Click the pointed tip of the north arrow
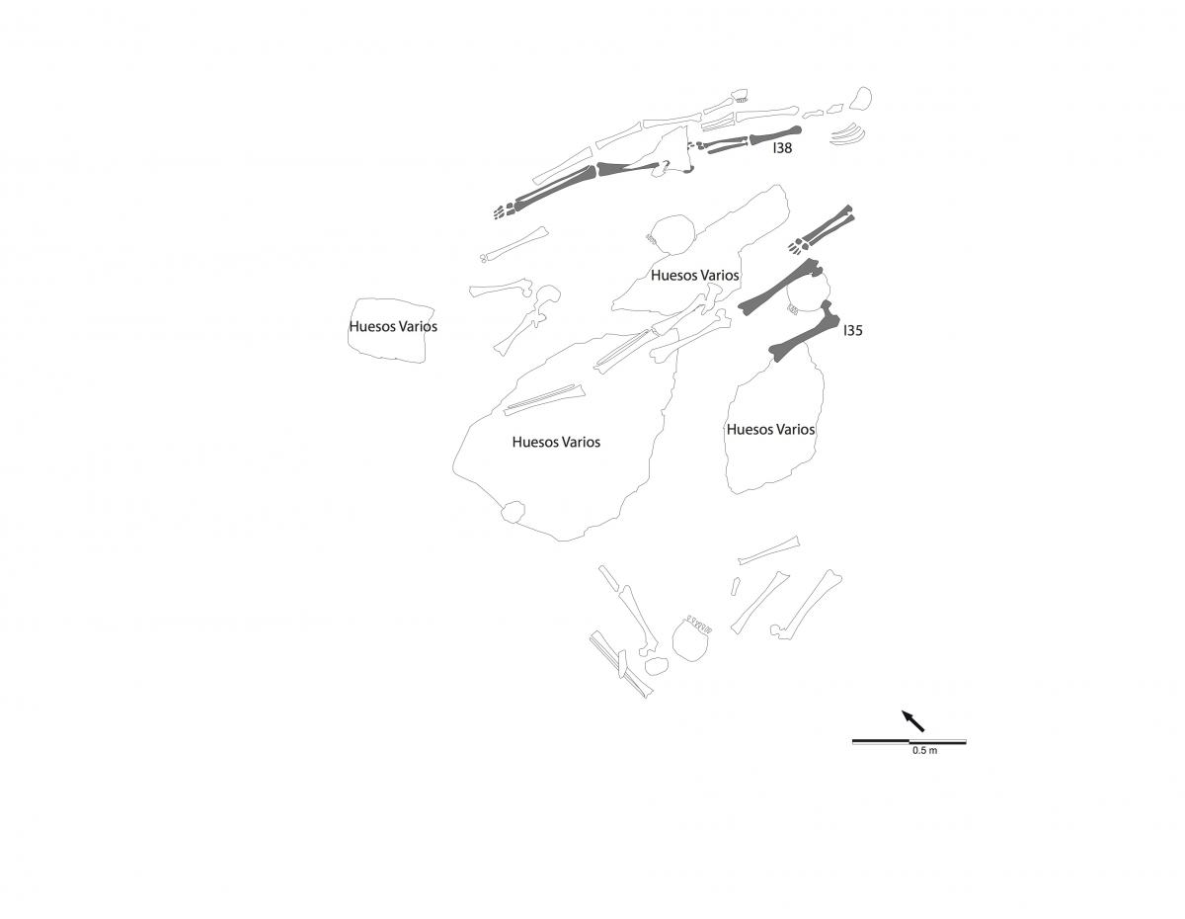(x=902, y=710)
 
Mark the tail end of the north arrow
(x=924, y=730)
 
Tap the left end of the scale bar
(x=852, y=742)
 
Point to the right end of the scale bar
(x=967, y=742)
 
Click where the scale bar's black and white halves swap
(x=909, y=742)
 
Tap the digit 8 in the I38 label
(x=787, y=148)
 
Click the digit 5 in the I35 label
(x=858, y=331)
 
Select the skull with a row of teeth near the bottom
(x=691, y=639)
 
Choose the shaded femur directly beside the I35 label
(x=804, y=331)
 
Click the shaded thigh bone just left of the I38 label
(x=775, y=134)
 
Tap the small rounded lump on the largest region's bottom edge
(x=513, y=512)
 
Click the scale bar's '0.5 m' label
(x=925, y=750)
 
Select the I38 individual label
(x=782, y=148)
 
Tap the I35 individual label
(x=853, y=331)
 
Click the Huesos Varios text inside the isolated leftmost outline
(x=393, y=326)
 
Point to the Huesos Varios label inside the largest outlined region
(x=556, y=442)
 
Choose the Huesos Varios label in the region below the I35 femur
(x=770, y=430)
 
